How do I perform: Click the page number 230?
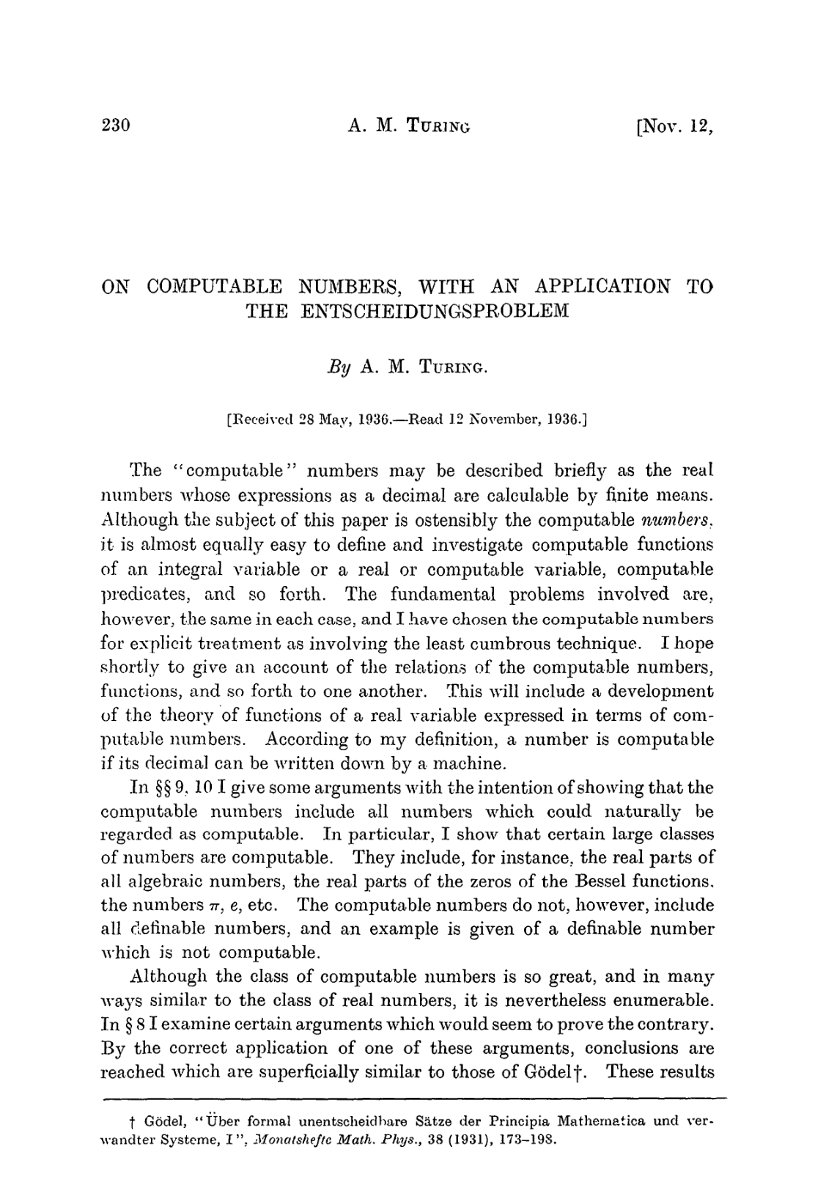115,125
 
